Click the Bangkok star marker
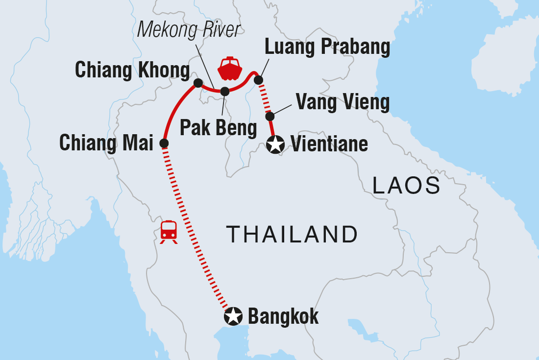[x=233, y=316]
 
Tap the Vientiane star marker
[x=276, y=144]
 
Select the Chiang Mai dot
[x=164, y=144]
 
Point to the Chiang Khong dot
[x=198, y=83]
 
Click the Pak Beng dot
[x=224, y=91]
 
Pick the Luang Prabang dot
[x=259, y=80]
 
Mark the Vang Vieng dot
[x=269, y=117]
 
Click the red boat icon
[x=230, y=69]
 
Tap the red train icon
[x=169, y=231]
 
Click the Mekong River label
[x=189, y=30]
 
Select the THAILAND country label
[x=292, y=235]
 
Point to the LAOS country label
[x=406, y=186]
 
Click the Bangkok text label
[x=283, y=316]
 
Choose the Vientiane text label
[x=329, y=144]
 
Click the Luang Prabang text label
[x=327, y=47]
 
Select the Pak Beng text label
[x=218, y=127]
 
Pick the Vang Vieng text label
[x=343, y=103]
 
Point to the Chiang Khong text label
[x=132, y=71]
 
